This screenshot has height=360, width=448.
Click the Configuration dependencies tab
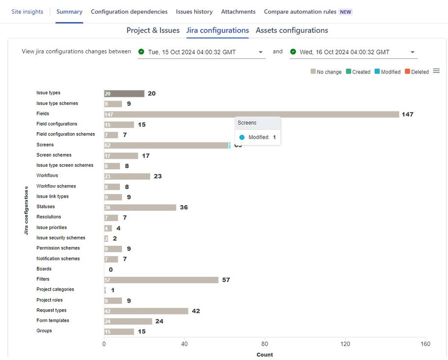[x=129, y=12]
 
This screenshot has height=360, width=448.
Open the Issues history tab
[x=194, y=12]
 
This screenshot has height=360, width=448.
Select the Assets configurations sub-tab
[x=291, y=30]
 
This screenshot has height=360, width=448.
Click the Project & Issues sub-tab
[x=153, y=30]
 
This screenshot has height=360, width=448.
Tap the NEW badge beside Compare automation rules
[x=345, y=12]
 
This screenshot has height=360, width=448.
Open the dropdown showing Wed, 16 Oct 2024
[x=353, y=52]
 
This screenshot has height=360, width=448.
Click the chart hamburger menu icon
[x=436, y=71]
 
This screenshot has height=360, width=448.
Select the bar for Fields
[x=251, y=114]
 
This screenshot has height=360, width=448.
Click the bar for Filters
[x=161, y=280]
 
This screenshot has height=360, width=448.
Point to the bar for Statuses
[x=140, y=208]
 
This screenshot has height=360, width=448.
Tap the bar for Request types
[x=146, y=311]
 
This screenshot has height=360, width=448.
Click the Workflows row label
[x=47, y=175]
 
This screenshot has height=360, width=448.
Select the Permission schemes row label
[x=58, y=248]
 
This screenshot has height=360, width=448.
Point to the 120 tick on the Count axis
[x=345, y=344]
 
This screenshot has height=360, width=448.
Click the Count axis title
[x=265, y=355]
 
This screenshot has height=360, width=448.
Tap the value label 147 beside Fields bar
[x=407, y=114]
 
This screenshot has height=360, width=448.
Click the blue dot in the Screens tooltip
[x=242, y=138]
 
